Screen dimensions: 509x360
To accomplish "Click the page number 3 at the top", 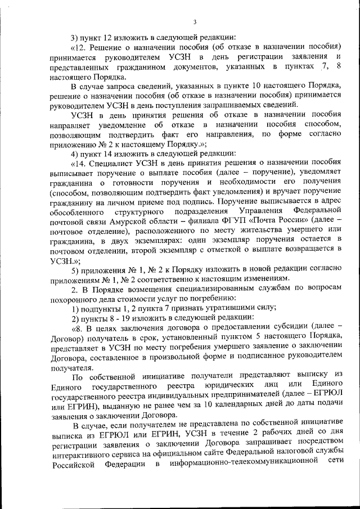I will point(193,22).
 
